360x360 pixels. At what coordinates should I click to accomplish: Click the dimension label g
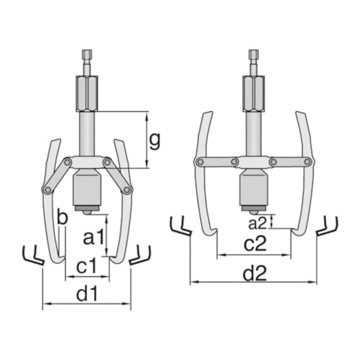(x=155, y=141)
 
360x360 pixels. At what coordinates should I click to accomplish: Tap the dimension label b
(x=61, y=217)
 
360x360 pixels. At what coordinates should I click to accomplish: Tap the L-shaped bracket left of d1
(x=32, y=256)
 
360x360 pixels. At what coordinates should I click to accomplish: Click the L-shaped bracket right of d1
(x=140, y=254)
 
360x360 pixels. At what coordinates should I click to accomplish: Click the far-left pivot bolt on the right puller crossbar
(x=200, y=162)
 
